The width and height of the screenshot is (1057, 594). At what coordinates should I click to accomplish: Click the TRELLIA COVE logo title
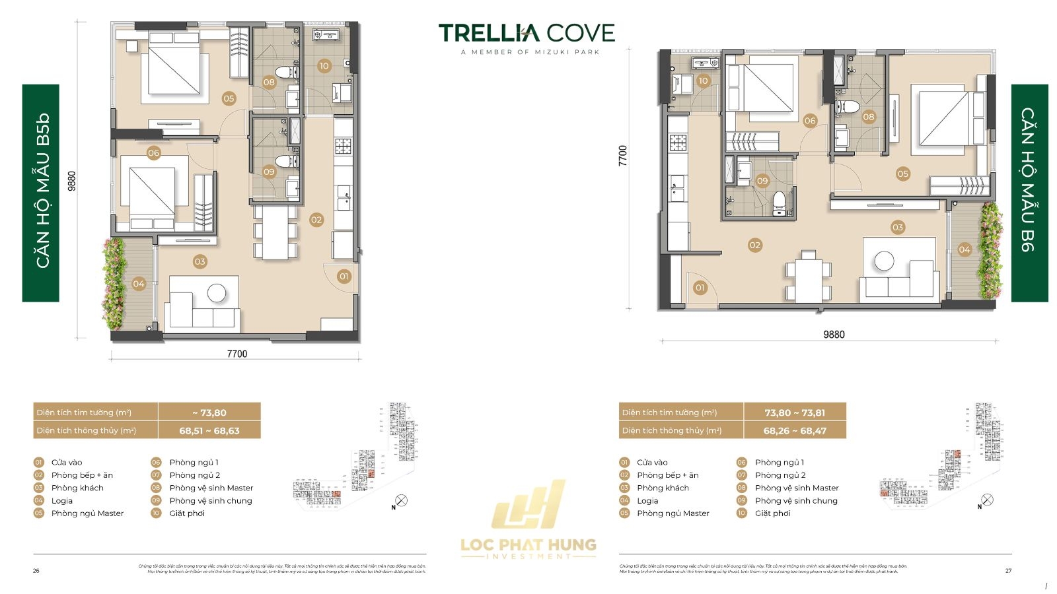click(x=527, y=32)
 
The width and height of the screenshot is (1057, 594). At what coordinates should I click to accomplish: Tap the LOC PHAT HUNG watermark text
click(x=528, y=544)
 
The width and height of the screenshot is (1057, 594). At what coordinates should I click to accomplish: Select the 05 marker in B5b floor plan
click(x=229, y=98)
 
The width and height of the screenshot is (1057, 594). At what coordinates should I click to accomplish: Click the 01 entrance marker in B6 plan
click(x=700, y=287)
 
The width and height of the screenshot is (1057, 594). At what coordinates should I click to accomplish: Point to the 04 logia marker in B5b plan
click(x=138, y=284)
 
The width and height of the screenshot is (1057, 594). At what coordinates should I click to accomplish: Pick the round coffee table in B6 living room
click(x=884, y=261)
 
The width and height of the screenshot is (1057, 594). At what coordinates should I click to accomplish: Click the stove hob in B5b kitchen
click(x=343, y=145)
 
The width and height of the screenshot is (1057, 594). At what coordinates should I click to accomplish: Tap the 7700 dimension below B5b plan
click(x=237, y=354)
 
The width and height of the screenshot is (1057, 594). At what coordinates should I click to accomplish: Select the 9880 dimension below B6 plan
click(x=834, y=335)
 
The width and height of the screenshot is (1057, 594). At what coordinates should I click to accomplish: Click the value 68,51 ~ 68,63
click(x=209, y=430)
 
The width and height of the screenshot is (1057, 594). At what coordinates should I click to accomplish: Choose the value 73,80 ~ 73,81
click(x=795, y=412)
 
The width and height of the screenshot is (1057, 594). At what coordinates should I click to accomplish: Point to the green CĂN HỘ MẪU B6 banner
click(x=1029, y=193)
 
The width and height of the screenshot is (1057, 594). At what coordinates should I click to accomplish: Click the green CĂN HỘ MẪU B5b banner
click(x=41, y=193)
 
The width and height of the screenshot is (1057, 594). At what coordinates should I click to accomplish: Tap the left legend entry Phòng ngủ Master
click(x=87, y=513)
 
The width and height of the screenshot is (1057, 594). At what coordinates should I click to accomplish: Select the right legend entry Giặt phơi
click(x=772, y=513)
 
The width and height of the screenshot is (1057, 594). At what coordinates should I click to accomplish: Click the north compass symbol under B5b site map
click(x=401, y=500)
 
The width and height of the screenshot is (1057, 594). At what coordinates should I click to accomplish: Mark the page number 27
click(x=1008, y=570)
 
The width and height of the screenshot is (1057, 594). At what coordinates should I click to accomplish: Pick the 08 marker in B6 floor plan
click(x=869, y=117)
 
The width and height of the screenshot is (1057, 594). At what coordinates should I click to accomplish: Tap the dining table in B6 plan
click(x=809, y=277)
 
